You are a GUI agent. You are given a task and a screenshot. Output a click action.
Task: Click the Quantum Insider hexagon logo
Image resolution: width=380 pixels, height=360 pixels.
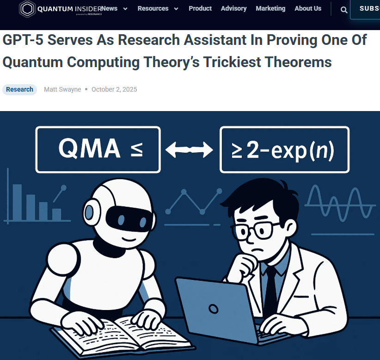pos(27,9)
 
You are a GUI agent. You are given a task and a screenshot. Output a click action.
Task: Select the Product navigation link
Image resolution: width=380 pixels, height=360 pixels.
pos(200,8)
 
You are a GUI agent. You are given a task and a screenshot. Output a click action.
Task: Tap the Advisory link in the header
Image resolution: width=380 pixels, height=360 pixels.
pos(233,8)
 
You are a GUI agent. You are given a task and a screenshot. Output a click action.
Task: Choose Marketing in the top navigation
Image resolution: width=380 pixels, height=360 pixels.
pos(270,8)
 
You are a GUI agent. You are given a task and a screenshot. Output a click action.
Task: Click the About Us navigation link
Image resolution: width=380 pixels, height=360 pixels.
pos(308,8)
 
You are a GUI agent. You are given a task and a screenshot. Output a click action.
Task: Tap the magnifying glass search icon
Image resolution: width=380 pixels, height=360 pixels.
pos(344,10)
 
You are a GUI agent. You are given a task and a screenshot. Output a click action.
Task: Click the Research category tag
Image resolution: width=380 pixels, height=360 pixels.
pos(19,89)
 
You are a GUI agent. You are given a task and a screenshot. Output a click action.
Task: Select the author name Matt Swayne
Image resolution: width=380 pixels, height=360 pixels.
pos(62,89)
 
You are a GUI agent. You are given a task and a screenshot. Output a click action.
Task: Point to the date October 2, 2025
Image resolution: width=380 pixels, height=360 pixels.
pos(114,89)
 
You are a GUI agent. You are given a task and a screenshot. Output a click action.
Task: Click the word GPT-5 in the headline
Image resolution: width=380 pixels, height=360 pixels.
pos(23,40)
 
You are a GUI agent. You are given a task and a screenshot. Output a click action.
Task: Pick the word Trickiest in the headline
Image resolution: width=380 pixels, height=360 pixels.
pos(232,62)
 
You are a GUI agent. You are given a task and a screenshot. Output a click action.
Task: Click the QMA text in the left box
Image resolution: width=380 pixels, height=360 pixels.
pos(89,148)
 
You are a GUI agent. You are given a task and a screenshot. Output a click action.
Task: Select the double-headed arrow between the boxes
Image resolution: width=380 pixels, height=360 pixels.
pos(189,149)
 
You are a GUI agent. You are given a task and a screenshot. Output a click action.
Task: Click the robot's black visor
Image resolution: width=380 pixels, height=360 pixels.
pos(129,219)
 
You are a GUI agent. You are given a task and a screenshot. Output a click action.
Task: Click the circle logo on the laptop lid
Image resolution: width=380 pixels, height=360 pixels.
pos(213,309)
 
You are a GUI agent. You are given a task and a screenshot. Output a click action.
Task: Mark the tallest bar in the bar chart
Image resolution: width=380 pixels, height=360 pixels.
pos(17,202)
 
